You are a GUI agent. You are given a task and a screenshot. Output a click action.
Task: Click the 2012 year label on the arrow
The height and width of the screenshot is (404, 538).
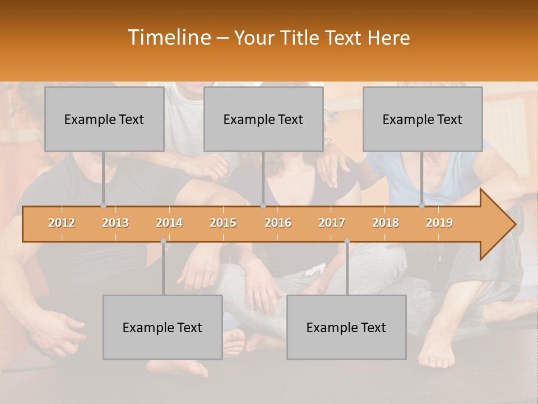coord(62,223)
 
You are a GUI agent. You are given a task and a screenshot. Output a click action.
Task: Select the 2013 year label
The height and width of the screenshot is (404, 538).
coord(115,223)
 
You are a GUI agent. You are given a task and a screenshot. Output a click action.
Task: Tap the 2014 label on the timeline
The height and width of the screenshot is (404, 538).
coord(169,223)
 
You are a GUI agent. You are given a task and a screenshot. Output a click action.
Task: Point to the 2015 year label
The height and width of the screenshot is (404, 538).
coord(223,223)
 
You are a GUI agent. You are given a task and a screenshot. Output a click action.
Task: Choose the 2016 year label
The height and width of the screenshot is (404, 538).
coord(278,223)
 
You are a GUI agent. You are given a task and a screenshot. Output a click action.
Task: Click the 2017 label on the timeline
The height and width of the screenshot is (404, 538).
coord(332,223)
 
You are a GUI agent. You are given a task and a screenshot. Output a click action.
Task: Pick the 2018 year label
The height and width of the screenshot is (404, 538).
coord(386,223)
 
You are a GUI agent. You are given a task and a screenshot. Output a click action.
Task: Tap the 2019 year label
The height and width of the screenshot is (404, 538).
coord(439,223)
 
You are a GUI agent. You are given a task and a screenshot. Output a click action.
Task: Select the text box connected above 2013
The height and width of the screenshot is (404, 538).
coord(104,119)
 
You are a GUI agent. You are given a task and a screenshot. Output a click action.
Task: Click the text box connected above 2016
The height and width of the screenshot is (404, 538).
coord(263,119)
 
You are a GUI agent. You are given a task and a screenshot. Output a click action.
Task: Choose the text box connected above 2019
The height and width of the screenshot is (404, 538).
coord(423,119)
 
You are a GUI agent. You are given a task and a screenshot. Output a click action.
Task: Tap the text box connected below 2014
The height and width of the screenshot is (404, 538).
coord(163,327)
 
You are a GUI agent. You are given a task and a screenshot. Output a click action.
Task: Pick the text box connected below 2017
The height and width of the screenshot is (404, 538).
coord(346,327)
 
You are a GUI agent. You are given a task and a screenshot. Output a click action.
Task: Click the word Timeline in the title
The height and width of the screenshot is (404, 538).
coord(168,38)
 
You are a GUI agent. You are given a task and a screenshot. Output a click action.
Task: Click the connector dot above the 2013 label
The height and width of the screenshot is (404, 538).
coord(103,206)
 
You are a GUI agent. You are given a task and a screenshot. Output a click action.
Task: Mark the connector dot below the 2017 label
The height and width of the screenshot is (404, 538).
coord(347,241)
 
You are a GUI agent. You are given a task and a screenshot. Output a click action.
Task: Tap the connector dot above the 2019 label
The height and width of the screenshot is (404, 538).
coord(421,206)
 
